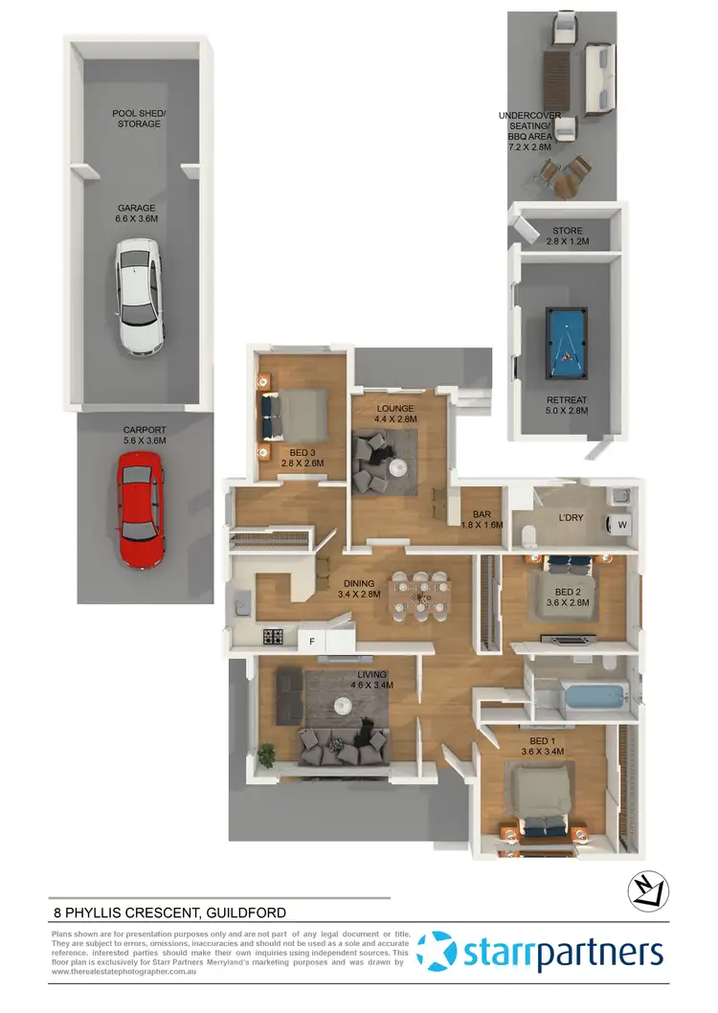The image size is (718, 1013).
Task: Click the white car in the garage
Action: pyautogui.click(x=138, y=297)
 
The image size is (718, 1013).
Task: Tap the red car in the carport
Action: pyautogui.click(x=140, y=510)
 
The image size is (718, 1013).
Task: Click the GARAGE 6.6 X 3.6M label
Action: pyautogui.click(x=136, y=214)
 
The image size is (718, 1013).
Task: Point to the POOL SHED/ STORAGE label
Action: pyautogui.click(x=138, y=119)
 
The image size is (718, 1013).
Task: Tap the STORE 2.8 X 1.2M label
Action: pyautogui.click(x=567, y=236)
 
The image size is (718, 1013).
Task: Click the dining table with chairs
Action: pyautogui.click(x=420, y=597)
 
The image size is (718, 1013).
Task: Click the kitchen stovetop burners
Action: pyautogui.click(x=273, y=636)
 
